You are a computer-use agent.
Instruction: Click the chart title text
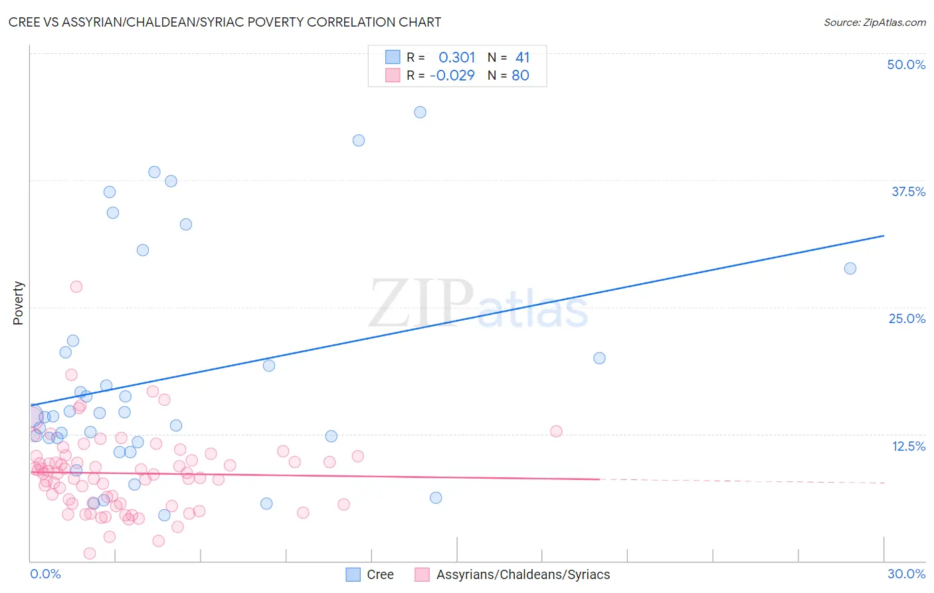tap(225, 22)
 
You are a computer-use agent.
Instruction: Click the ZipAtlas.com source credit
tap(874, 22)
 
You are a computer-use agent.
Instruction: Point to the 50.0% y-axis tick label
tap(906, 64)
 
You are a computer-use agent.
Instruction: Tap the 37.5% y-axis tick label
tap(908, 191)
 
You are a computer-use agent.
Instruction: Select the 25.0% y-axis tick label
tap(907, 318)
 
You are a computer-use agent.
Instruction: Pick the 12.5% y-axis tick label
tap(908, 446)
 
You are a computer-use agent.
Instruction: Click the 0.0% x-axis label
tap(45, 574)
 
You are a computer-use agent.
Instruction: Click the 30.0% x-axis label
tap(906, 574)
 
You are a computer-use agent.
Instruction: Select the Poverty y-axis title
tap(18, 303)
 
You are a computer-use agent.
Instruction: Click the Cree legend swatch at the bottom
tap(353, 574)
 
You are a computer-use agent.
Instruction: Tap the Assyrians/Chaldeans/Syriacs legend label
tap(523, 574)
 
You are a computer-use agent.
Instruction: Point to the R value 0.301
tap(456, 58)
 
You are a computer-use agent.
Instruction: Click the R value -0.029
tap(452, 75)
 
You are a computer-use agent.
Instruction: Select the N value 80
tap(520, 75)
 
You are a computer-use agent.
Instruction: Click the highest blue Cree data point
tap(420, 112)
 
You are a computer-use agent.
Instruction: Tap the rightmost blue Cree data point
tap(850, 269)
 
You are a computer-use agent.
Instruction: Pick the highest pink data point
tap(76, 287)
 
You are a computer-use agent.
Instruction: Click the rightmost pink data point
tap(556, 431)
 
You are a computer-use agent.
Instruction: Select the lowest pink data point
tap(90, 553)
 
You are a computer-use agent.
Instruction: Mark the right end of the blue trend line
tap(884, 236)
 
